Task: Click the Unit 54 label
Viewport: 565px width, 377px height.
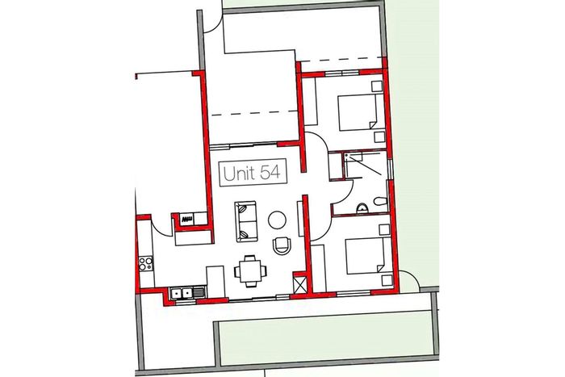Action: tap(253, 173)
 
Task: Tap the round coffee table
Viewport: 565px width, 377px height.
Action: tap(277, 220)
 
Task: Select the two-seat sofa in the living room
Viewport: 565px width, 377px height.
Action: tap(246, 222)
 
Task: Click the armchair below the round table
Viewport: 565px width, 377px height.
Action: tap(282, 245)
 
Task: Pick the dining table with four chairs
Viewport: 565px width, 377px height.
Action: tap(251, 271)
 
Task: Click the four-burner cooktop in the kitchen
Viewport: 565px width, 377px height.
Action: tap(146, 263)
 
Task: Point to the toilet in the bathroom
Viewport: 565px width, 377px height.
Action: tap(380, 201)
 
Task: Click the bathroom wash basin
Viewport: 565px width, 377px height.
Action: tap(362, 209)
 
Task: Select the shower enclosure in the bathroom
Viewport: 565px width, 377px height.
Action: tap(366, 164)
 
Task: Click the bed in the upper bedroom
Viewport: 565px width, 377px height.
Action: tap(358, 111)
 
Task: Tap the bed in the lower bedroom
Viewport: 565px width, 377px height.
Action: tap(366, 255)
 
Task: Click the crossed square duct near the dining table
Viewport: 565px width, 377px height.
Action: tap(300, 283)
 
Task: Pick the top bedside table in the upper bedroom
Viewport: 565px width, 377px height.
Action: tap(377, 86)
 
